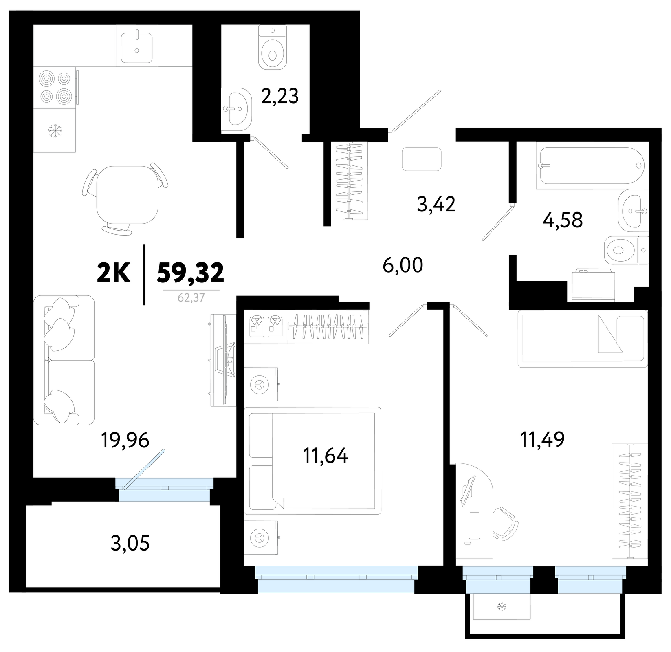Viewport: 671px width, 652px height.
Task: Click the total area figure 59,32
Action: (190, 273)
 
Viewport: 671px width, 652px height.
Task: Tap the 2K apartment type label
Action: (114, 273)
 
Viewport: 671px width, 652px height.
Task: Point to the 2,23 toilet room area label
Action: (279, 96)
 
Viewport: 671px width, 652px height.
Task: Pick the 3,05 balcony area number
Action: (130, 543)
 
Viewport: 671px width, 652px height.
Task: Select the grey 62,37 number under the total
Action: (191, 297)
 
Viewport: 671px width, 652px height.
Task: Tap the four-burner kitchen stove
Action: (55, 87)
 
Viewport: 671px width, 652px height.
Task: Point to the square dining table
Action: (127, 195)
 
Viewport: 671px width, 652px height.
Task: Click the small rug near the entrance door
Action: (422, 159)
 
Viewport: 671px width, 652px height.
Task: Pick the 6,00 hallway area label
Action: (403, 265)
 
